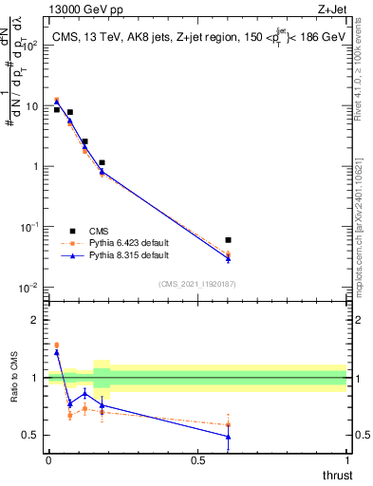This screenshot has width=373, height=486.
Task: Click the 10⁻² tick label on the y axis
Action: point(29,288)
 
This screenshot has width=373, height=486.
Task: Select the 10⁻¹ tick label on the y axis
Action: point(29,227)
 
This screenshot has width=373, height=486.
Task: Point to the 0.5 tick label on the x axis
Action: point(197,460)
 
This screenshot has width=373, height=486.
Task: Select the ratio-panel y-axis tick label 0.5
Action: point(30,436)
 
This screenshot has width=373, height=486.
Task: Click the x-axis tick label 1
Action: point(346,460)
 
